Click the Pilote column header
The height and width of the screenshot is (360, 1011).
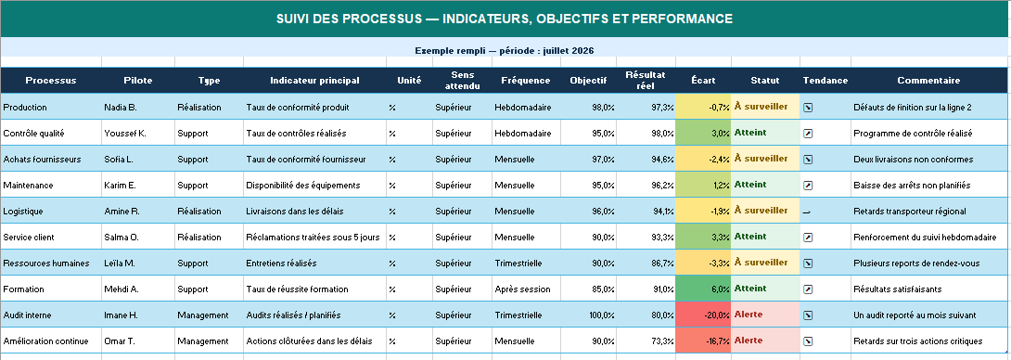[x=138, y=81]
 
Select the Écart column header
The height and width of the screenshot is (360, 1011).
[x=703, y=81]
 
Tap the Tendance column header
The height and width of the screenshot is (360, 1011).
[x=825, y=81]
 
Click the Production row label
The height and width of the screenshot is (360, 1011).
[x=25, y=107]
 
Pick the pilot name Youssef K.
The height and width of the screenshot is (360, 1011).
[x=125, y=134]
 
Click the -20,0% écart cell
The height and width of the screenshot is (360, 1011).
[x=703, y=315]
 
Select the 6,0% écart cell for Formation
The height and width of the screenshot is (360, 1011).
[x=703, y=289]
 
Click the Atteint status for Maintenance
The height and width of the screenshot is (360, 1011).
[x=749, y=184]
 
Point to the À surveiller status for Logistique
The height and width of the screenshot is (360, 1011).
[x=761, y=211]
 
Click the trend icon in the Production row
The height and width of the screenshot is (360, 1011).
[x=808, y=108]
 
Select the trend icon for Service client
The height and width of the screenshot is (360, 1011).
[x=808, y=238]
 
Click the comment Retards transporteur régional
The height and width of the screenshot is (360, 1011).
[x=910, y=211]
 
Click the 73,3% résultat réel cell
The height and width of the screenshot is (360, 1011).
[x=662, y=341]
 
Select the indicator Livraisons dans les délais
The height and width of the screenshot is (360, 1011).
[x=295, y=211]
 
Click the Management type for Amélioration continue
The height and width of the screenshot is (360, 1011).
[x=202, y=341]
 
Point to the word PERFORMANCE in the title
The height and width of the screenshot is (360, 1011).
[x=682, y=19]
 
